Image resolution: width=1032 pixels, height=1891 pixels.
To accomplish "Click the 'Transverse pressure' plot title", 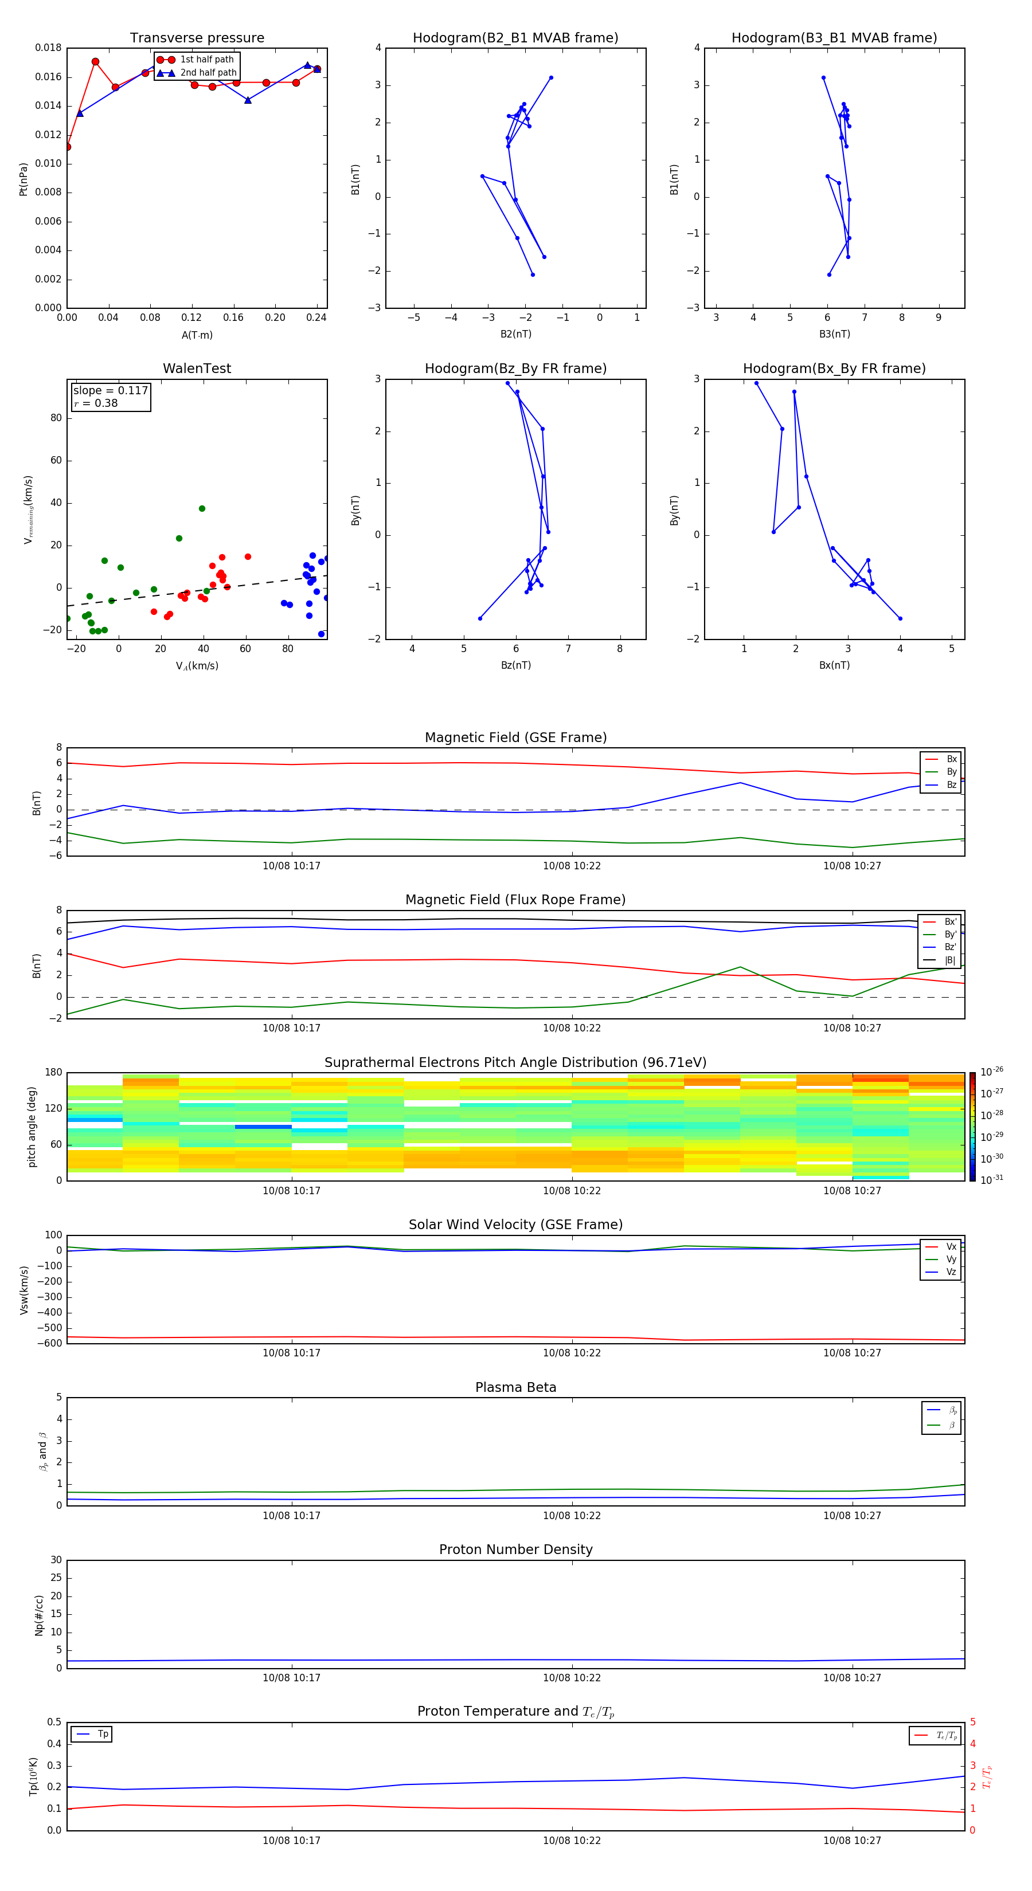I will click(197, 38).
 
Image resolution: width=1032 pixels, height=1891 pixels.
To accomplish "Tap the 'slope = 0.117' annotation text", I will click(110, 391).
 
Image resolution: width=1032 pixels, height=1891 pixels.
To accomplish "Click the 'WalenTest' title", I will click(197, 368).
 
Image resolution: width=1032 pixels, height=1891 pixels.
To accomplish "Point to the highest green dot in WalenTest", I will click(202, 509).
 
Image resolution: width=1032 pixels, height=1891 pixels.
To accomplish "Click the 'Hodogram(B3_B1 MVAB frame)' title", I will click(834, 38).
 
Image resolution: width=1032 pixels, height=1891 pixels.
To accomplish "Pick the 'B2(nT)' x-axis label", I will click(515, 334).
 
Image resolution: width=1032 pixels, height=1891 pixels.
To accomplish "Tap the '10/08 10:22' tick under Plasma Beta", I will click(572, 1515).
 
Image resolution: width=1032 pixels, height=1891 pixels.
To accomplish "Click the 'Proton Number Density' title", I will click(515, 1549).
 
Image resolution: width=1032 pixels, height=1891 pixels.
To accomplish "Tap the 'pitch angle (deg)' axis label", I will click(32, 1127).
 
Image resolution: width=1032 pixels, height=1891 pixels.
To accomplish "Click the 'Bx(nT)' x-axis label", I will click(834, 665).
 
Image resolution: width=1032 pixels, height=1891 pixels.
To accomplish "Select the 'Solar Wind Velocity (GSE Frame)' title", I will click(515, 1225).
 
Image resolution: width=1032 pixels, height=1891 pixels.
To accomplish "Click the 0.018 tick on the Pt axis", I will click(49, 49).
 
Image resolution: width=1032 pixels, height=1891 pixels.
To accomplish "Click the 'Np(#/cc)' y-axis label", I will click(39, 1615).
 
